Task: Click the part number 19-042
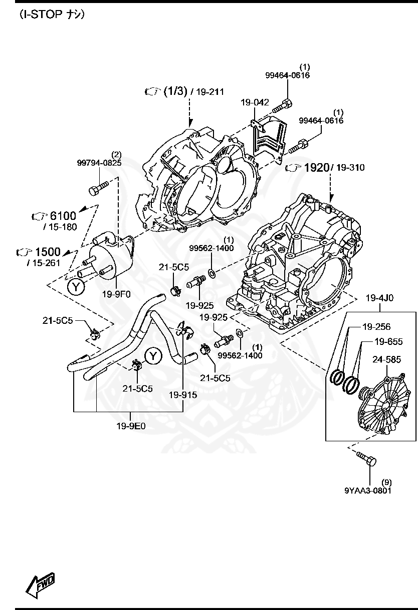pos(254,102)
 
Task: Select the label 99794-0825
pos(99,163)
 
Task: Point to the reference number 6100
pos(63,216)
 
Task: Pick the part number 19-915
pos(182,395)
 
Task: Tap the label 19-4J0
pos(379,298)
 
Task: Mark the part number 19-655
pos(388,342)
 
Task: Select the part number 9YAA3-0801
pos(368,490)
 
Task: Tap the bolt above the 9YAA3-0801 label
pos(366,457)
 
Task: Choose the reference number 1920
pos(315,167)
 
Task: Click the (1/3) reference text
pos(175,91)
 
